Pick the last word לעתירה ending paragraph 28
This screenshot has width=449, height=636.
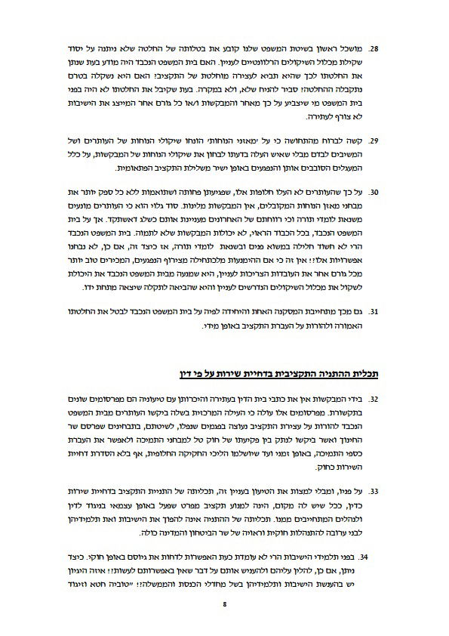pos(298,117)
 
